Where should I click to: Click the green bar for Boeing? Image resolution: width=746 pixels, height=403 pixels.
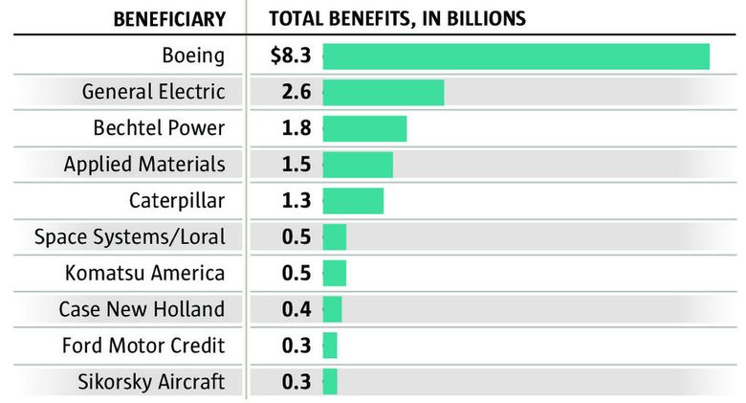(516, 56)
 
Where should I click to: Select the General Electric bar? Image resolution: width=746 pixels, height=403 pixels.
(384, 93)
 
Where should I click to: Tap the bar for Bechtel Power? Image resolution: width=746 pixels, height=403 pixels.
(364, 128)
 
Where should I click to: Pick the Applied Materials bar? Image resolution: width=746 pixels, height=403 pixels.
(358, 165)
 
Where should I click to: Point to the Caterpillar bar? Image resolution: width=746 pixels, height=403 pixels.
(353, 201)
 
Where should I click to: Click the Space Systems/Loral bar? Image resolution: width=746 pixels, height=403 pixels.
(335, 237)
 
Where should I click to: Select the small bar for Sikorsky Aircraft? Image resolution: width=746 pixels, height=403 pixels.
(330, 382)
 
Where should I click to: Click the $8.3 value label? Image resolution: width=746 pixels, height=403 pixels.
(291, 56)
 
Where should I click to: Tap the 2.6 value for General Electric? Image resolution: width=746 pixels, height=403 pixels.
(296, 93)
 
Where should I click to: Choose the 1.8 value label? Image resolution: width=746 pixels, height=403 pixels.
(296, 128)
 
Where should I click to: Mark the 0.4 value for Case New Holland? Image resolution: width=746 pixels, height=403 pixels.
(296, 309)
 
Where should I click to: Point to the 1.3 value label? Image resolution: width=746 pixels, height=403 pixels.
(296, 201)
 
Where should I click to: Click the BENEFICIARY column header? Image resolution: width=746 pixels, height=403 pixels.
(169, 19)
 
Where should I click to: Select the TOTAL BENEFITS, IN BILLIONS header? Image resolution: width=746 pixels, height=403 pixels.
(397, 19)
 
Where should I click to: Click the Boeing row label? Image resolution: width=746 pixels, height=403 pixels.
(193, 56)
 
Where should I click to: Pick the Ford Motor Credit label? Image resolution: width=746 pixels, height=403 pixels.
(143, 346)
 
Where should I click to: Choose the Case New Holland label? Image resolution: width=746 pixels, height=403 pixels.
(142, 309)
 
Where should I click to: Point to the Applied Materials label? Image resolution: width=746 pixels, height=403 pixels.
(144, 165)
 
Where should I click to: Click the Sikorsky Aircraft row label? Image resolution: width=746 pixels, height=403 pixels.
(151, 382)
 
